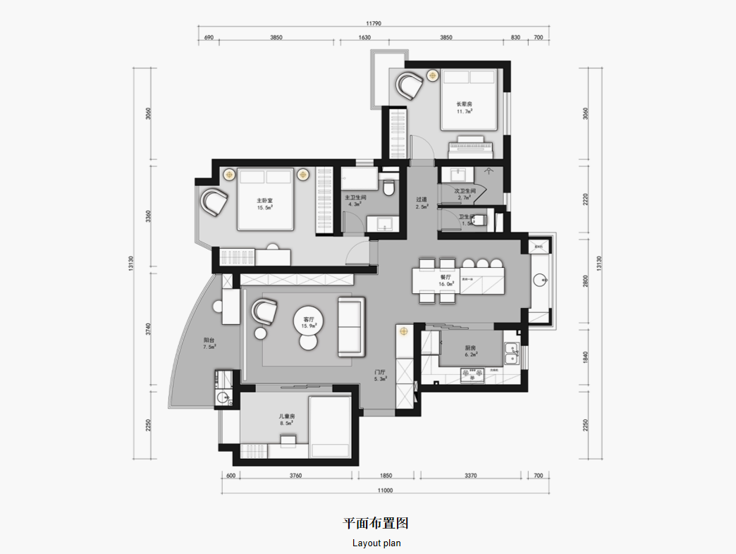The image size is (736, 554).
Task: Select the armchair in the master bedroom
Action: (214, 202)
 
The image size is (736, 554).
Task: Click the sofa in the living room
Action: (351, 326)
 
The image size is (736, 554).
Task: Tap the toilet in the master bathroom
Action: (388, 188)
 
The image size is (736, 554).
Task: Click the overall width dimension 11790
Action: (372, 23)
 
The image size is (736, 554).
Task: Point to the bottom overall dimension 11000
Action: (384, 490)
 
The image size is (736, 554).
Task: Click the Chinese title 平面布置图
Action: (376, 523)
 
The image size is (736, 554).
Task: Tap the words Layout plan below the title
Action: (376, 543)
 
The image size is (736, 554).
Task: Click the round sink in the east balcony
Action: (540, 280)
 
